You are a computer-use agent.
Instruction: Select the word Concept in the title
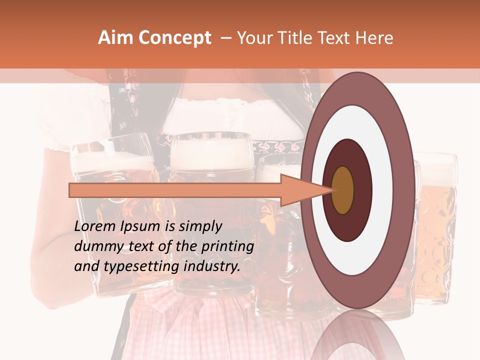[175, 38]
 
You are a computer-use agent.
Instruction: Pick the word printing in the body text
[228, 246]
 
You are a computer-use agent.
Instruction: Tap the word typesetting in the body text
[144, 266]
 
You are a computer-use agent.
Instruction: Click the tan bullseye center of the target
[342, 190]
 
